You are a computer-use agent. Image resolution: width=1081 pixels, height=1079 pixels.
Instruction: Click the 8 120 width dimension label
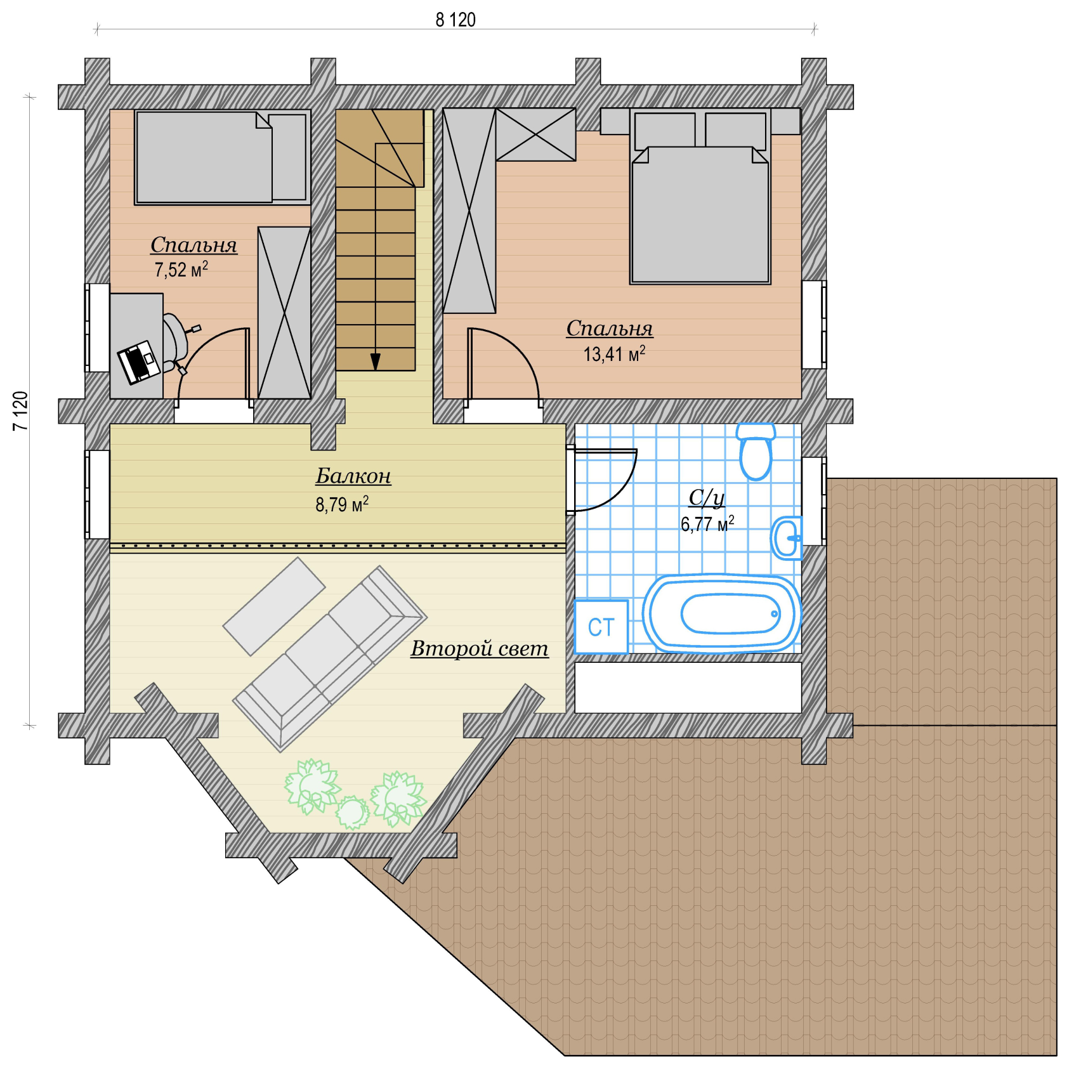(x=455, y=20)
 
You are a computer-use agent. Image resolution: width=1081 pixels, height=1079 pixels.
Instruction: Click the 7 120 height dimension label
(x=20, y=411)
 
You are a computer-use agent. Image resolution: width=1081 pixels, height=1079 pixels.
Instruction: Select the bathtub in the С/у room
(x=722, y=613)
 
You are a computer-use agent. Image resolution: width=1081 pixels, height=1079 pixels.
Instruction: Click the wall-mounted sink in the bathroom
(x=787, y=538)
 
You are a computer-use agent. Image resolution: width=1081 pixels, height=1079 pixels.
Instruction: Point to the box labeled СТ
(x=601, y=627)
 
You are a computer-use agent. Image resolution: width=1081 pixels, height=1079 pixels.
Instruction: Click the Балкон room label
(x=353, y=476)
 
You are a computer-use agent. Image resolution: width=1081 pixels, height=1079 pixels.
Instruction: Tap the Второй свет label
(x=480, y=648)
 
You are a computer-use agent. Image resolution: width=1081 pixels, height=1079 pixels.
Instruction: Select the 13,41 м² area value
(x=614, y=353)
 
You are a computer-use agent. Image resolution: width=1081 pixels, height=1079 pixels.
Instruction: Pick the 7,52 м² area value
(x=181, y=270)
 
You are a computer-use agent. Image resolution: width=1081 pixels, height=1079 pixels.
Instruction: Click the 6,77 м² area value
(x=707, y=524)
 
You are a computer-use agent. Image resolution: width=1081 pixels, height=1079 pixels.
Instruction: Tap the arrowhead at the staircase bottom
(x=376, y=362)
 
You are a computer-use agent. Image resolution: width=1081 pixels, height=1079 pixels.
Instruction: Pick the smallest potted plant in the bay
(x=352, y=813)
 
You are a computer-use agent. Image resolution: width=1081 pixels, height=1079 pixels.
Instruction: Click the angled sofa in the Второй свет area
(x=330, y=658)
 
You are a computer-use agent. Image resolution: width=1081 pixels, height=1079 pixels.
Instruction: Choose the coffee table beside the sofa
(x=274, y=606)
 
